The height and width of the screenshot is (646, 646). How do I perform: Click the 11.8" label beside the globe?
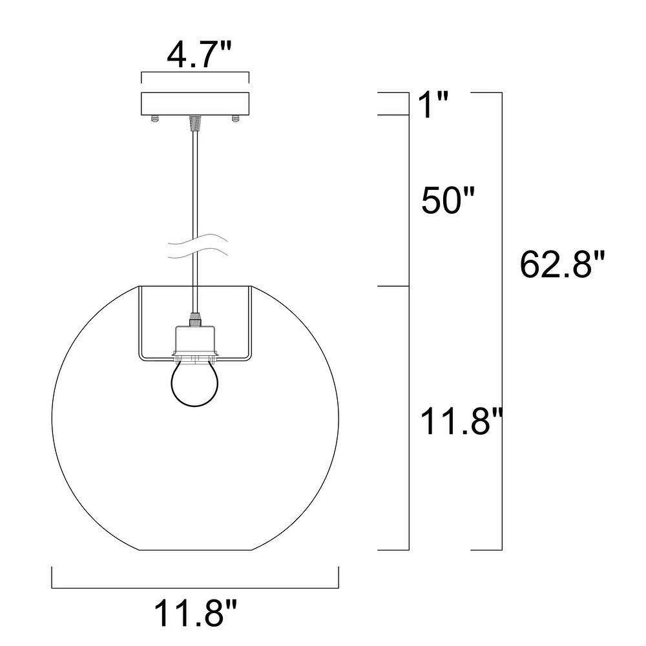(461, 421)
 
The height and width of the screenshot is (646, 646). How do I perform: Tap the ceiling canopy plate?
(195, 104)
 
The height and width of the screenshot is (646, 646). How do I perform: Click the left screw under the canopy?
(154, 119)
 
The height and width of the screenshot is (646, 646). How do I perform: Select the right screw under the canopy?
(235, 119)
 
